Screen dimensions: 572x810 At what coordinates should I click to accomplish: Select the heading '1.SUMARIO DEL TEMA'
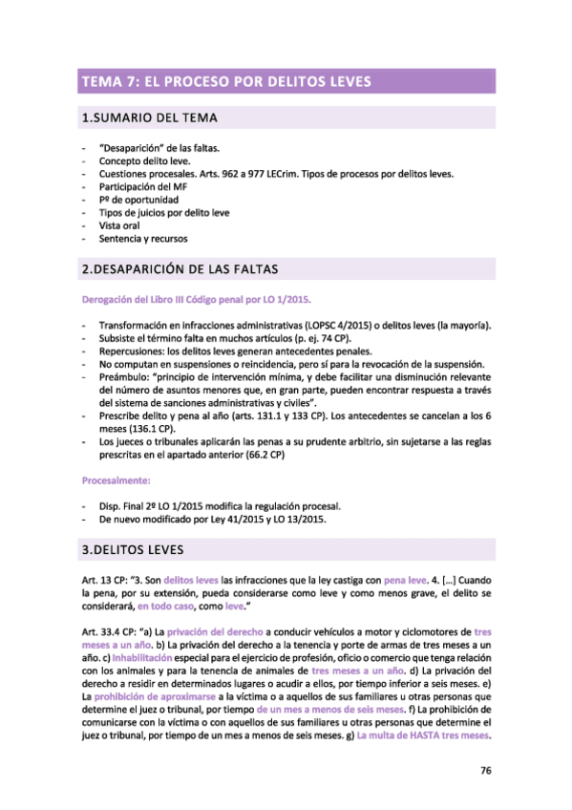pyautogui.click(x=152, y=118)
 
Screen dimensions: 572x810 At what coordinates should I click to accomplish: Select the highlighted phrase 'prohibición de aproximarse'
pyautogui.click(x=149, y=696)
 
